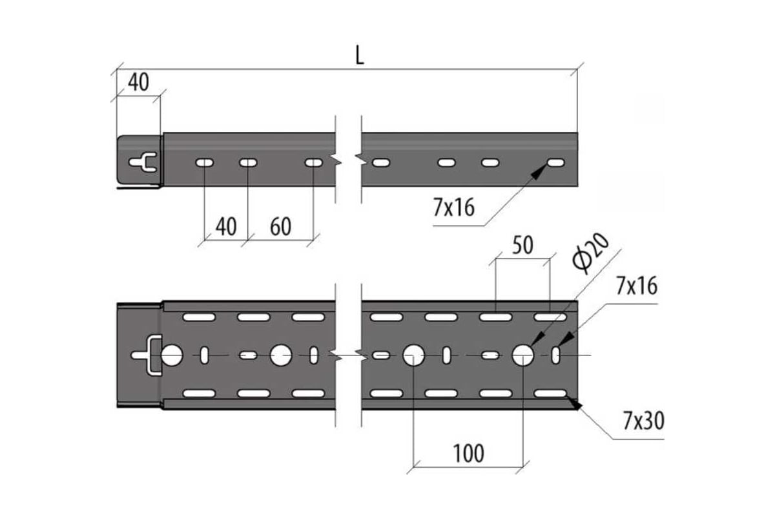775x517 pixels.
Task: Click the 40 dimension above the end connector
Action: tap(138, 82)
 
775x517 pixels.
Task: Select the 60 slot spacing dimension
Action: tap(280, 226)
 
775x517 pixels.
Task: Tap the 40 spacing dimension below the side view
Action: tap(225, 226)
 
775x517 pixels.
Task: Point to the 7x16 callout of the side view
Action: tap(454, 207)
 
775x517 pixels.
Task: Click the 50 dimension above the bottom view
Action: tap(522, 246)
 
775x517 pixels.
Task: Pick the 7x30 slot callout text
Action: tap(643, 421)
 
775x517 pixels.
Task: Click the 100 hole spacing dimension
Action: tap(468, 453)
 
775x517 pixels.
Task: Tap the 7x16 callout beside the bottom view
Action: tap(637, 286)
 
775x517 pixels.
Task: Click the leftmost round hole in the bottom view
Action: tap(172, 355)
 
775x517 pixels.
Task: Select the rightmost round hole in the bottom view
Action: tap(523, 355)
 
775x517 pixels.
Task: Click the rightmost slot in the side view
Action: tap(555, 162)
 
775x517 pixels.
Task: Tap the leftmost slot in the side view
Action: tap(204, 162)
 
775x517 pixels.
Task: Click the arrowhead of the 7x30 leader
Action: tap(573, 403)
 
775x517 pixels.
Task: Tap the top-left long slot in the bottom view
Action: tap(199, 317)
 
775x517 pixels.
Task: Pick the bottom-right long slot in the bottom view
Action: tap(550, 393)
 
